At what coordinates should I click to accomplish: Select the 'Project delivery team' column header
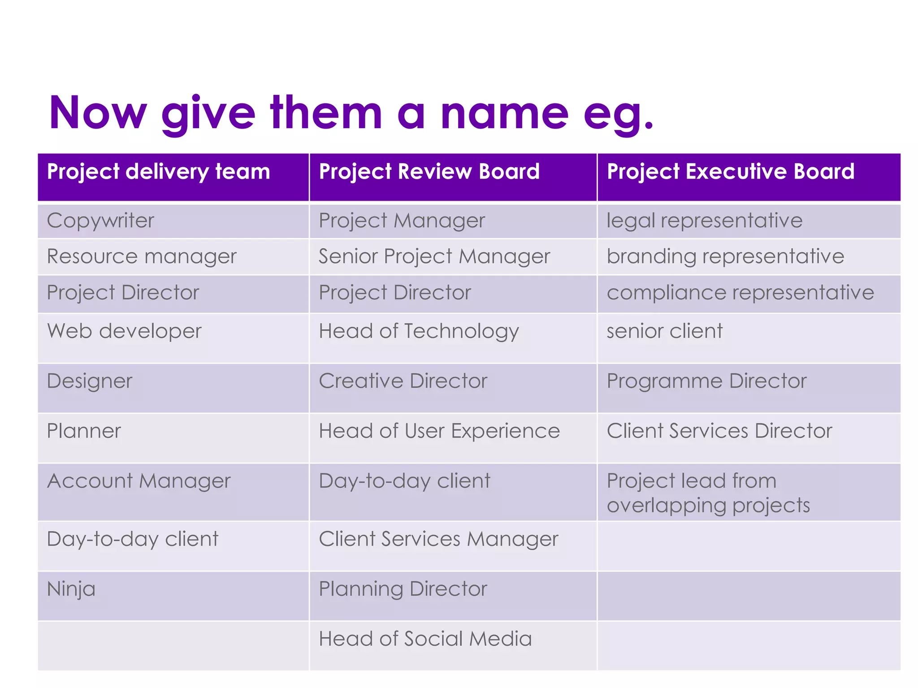click(x=159, y=172)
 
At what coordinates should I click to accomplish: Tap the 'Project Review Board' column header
click(x=429, y=172)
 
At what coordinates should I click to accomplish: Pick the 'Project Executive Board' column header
click(x=730, y=172)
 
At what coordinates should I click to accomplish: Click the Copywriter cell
click(x=100, y=221)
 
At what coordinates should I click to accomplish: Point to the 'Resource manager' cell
click(x=142, y=257)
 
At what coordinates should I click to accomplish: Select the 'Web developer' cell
click(x=124, y=331)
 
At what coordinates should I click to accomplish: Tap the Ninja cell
click(x=71, y=589)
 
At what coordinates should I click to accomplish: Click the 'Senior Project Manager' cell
click(x=434, y=257)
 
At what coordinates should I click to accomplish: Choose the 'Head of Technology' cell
click(x=419, y=331)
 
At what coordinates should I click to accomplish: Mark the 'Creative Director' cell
click(x=403, y=381)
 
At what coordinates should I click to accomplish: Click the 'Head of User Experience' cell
click(x=439, y=431)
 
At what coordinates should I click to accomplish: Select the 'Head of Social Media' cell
click(x=425, y=639)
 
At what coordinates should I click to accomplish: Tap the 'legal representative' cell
click(x=704, y=221)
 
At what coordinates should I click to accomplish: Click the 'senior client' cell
click(x=664, y=331)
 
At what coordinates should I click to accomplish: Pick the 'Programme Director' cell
click(x=706, y=381)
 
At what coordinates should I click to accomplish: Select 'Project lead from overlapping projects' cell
click(x=708, y=493)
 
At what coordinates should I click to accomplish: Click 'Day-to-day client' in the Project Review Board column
click(x=404, y=481)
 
